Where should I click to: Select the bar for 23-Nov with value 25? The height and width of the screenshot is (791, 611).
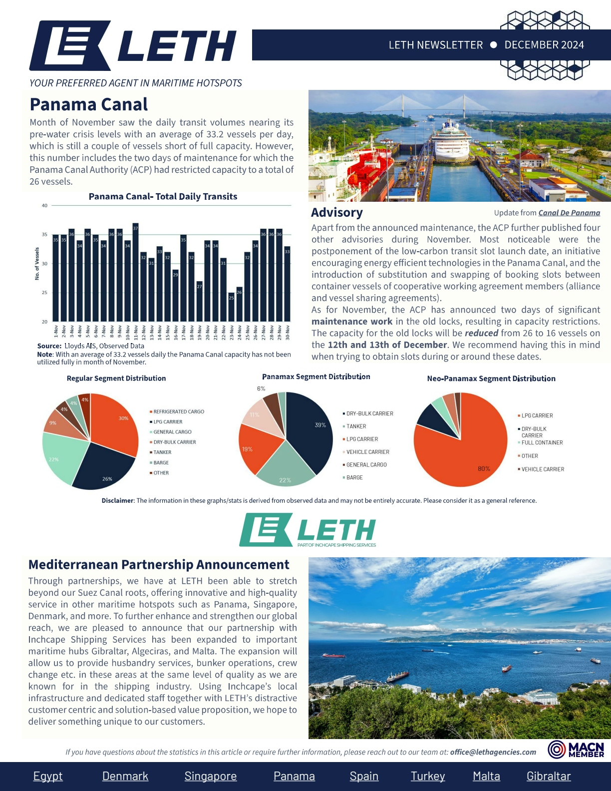(x=231, y=307)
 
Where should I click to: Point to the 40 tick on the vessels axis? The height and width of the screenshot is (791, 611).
(x=44, y=205)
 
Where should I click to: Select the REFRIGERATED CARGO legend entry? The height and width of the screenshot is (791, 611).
(x=178, y=411)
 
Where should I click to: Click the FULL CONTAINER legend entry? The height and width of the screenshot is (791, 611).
(x=542, y=442)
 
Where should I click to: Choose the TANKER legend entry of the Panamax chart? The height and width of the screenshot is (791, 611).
(x=356, y=426)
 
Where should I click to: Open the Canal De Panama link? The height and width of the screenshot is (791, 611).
(x=569, y=213)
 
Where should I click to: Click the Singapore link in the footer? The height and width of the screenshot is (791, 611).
(x=211, y=776)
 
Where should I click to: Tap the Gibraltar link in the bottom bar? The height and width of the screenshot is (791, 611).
(x=549, y=776)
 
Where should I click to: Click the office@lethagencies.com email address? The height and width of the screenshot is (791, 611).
(x=493, y=752)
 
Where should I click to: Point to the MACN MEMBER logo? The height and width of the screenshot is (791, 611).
(x=576, y=750)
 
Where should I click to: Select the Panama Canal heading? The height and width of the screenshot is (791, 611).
(x=89, y=104)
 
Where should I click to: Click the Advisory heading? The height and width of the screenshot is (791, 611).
(x=337, y=213)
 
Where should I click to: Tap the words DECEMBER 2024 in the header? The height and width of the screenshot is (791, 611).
(x=544, y=45)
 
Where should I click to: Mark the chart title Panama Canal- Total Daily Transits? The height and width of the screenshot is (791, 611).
(x=163, y=197)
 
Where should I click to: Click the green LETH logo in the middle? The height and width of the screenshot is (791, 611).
(x=307, y=530)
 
